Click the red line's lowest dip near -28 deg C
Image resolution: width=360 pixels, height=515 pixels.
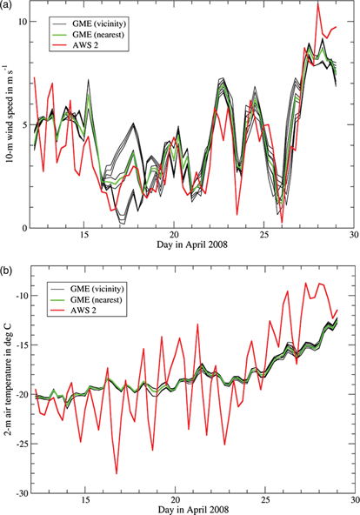coord(117,473)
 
